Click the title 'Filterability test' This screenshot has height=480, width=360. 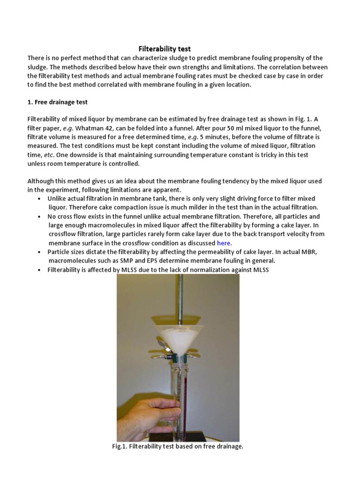[164, 49]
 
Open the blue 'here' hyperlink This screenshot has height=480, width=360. [224, 243]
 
